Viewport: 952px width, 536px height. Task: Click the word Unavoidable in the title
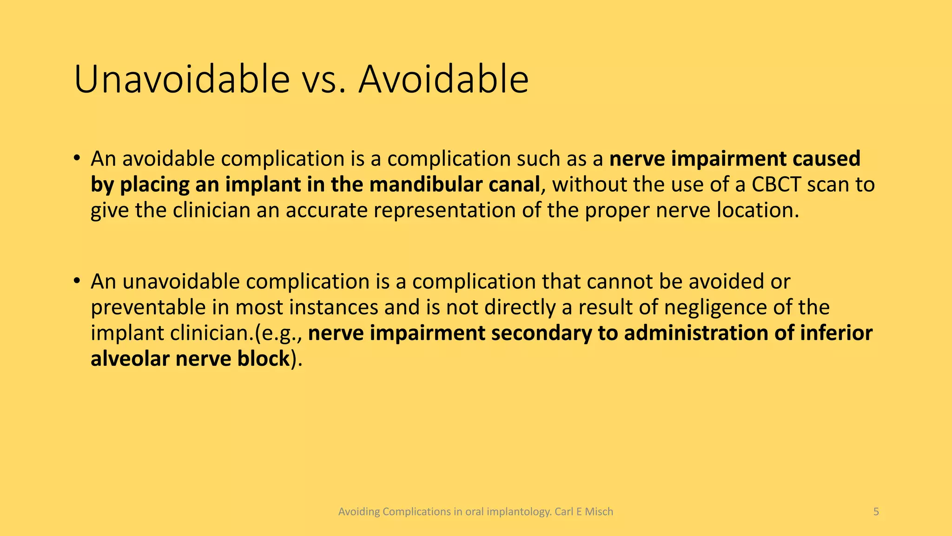coord(182,80)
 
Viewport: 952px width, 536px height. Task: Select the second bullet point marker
coord(77,281)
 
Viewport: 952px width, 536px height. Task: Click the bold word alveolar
coord(130,359)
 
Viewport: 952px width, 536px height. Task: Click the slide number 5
coord(876,512)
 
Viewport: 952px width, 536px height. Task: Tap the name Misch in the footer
coord(599,512)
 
